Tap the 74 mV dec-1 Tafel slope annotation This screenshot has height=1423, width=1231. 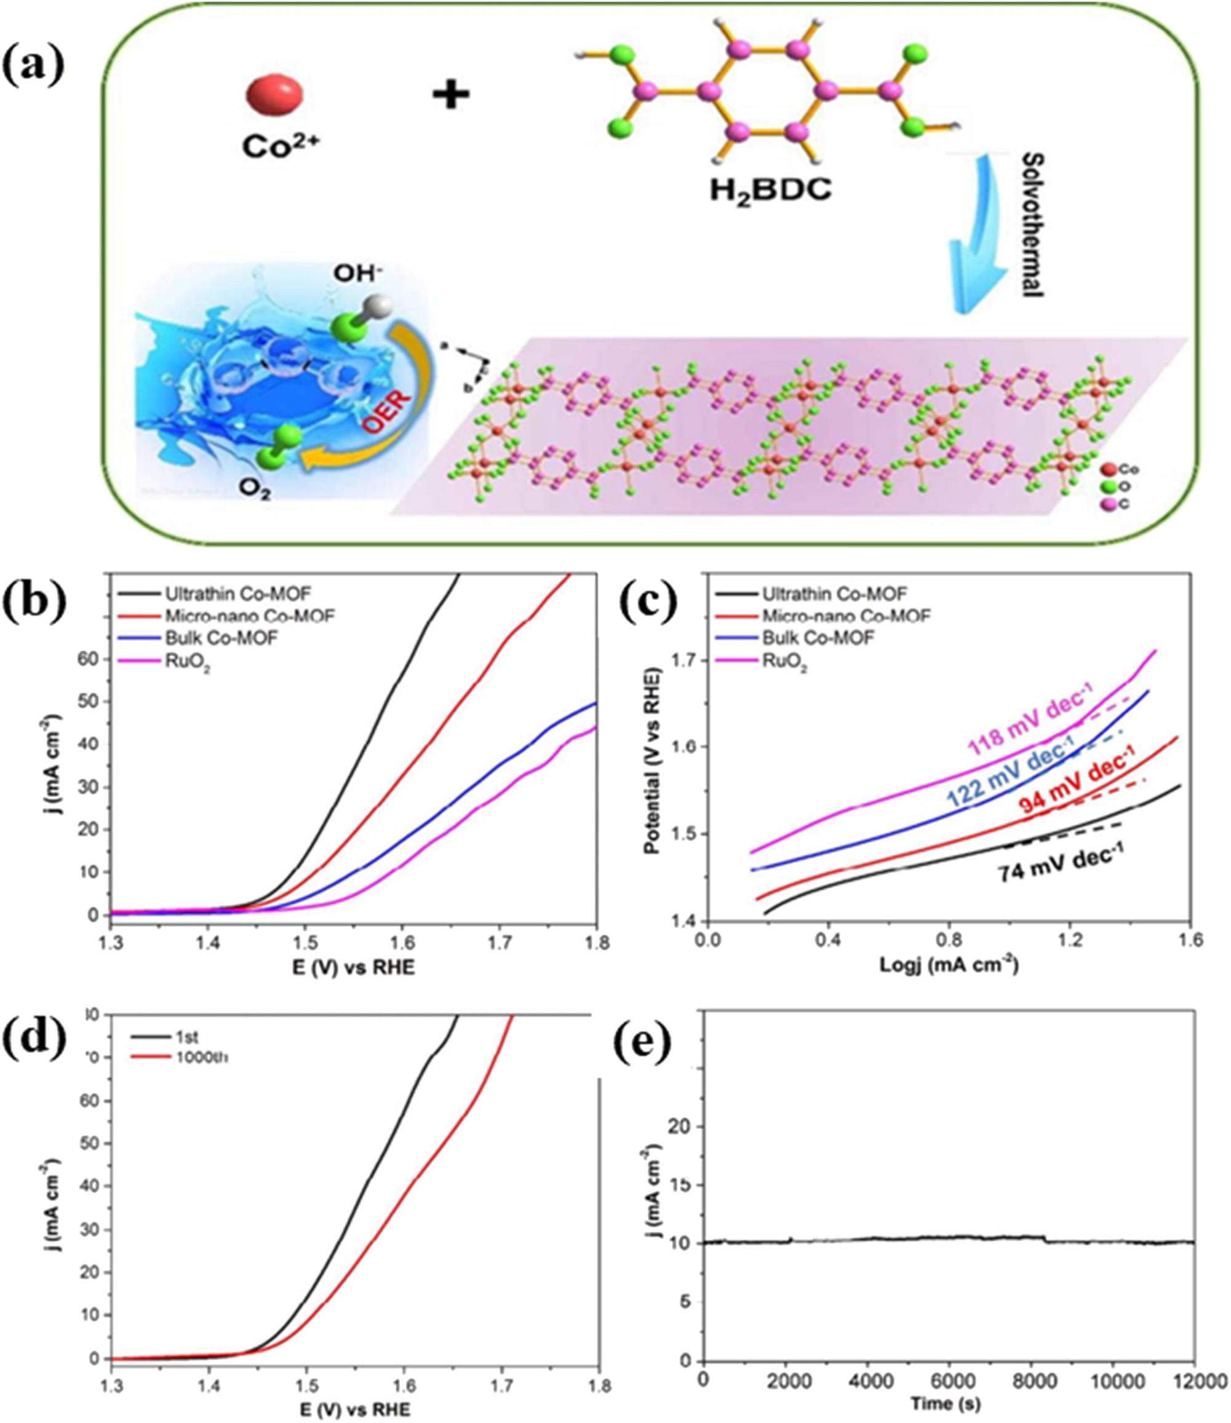point(1061,870)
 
